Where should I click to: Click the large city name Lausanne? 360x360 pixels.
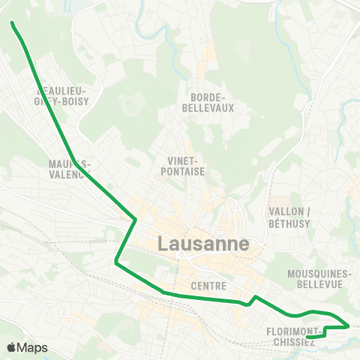[204, 244]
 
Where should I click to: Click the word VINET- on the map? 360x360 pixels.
[183, 160]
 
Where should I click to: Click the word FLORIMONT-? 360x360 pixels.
[294, 331]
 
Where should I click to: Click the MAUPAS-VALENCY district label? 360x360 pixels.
[69, 168]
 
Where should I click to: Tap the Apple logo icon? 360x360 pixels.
[12, 347]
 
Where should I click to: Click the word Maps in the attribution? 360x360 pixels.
[33, 347]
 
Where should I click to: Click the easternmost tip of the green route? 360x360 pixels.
[349, 326]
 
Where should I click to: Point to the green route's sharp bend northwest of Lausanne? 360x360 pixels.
[135, 219]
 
